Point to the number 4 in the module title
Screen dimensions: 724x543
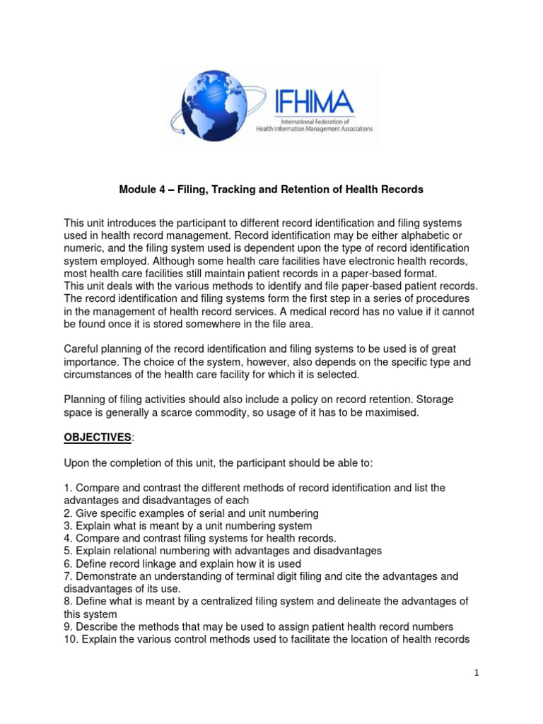tap(157, 189)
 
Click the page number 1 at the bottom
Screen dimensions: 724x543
tap(477, 672)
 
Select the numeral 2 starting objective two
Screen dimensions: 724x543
tap(67, 513)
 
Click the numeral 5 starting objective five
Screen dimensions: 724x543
tap(67, 551)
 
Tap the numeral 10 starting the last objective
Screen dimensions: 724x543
tap(70, 639)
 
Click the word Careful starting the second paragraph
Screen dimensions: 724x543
tap(83, 349)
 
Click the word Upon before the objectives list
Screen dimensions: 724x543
tap(78, 463)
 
